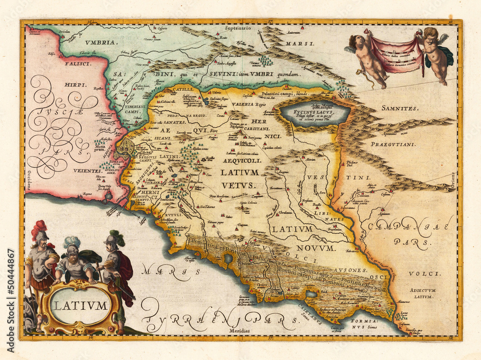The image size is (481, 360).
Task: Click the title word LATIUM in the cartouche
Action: [x=80, y=306]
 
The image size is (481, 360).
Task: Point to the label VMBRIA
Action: [x=101, y=43]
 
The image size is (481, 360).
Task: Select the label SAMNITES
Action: [x=401, y=108]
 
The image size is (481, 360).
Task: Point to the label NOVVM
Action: [x=315, y=248]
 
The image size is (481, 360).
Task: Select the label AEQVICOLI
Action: [x=241, y=161]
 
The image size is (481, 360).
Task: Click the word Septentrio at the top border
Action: [x=238, y=28]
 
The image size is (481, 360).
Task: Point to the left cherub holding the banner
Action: [x=368, y=58]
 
